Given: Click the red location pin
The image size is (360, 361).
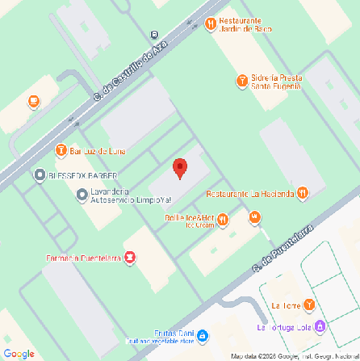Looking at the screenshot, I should (180, 168).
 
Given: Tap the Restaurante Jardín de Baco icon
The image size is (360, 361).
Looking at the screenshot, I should (210, 24).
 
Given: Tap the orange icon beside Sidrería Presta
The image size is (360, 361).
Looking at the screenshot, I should (241, 80).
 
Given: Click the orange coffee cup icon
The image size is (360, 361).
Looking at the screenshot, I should (34, 102).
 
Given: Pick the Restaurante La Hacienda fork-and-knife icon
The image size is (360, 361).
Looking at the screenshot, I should (302, 193).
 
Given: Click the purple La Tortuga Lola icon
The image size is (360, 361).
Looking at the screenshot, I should (321, 326).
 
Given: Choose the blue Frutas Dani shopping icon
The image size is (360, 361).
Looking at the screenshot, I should (203, 335).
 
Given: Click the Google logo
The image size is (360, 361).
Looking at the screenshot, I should (19, 352).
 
